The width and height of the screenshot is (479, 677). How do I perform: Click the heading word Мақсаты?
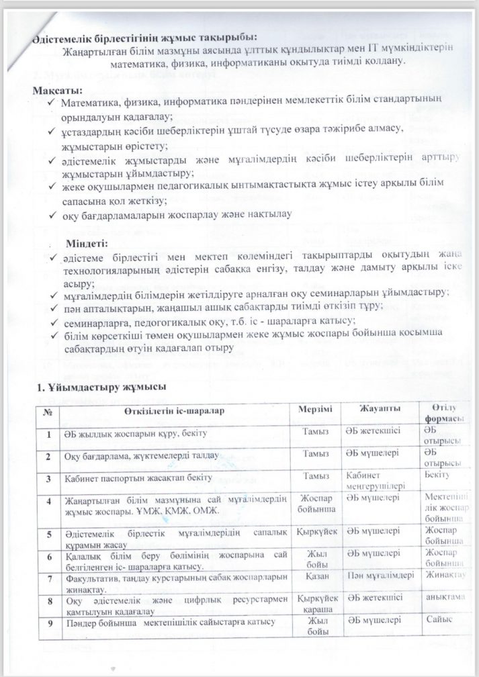(58, 90)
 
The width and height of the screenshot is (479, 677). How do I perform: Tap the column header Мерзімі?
(315, 410)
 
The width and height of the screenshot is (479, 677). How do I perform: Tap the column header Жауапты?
(377, 409)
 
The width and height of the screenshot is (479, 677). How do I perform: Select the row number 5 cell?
(48, 534)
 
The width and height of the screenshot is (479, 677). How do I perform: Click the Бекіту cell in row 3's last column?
(441, 476)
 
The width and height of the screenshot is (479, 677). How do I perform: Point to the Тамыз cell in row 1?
(315, 434)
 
